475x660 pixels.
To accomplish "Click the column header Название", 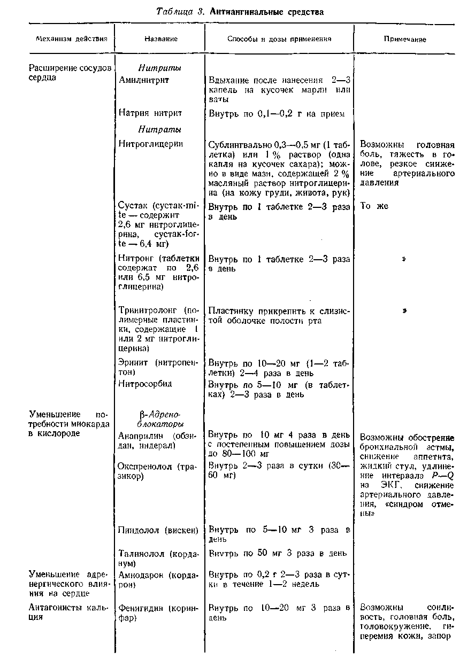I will (x=160, y=39).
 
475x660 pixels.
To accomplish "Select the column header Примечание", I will (x=405, y=40).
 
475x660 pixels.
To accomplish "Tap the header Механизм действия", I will (x=67, y=39).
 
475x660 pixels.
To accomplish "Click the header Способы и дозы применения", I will (x=279, y=39).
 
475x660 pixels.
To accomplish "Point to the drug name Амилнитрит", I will (x=143, y=80).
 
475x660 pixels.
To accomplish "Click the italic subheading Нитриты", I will (x=159, y=68).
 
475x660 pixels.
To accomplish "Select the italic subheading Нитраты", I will (x=159, y=129).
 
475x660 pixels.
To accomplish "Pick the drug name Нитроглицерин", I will (x=150, y=144).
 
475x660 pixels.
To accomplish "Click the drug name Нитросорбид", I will (x=145, y=384).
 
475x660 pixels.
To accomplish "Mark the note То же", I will (x=374, y=206).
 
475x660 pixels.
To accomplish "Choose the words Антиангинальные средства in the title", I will (x=266, y=11).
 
